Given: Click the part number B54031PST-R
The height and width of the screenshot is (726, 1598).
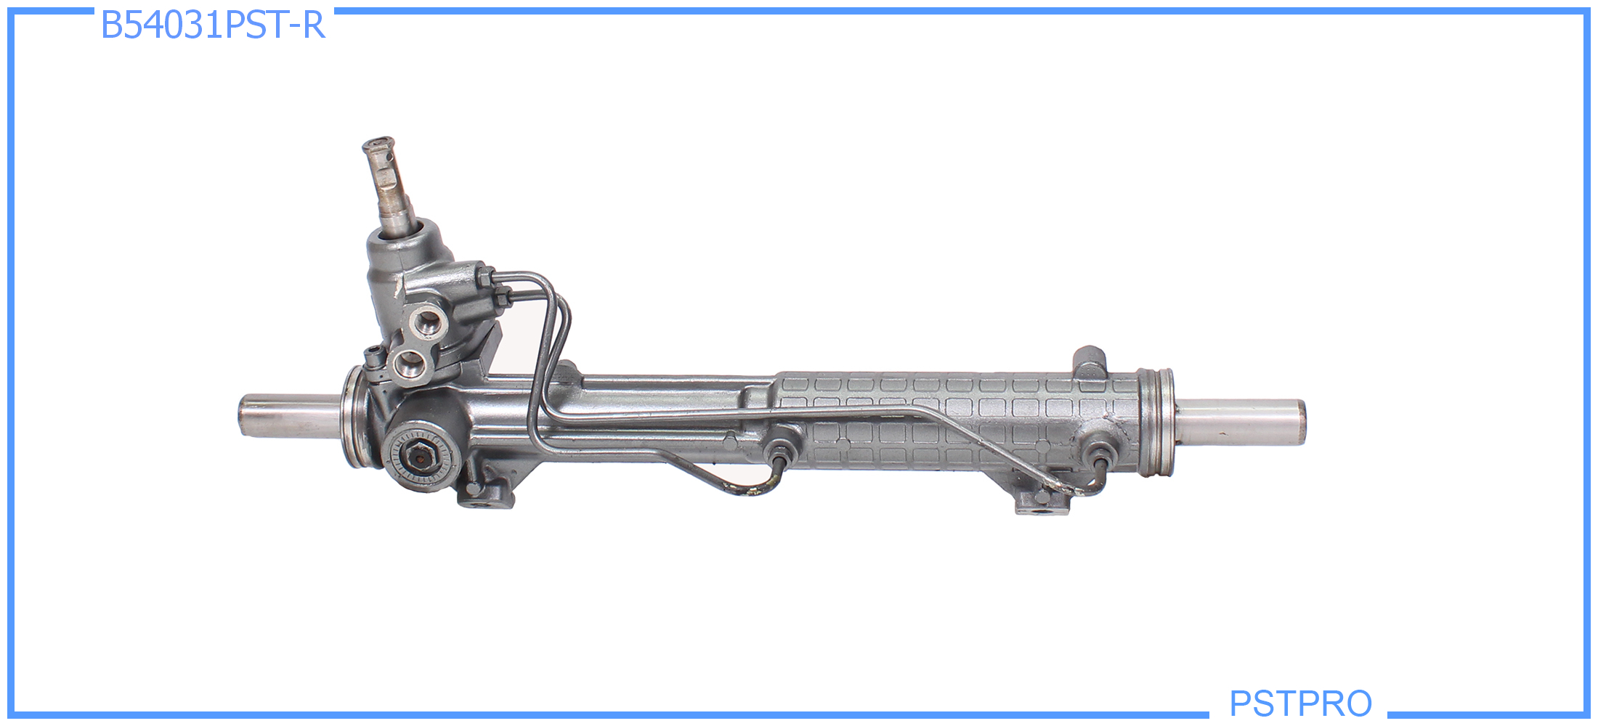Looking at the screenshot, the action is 213,25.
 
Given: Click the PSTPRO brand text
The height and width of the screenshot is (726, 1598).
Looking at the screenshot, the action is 1300,703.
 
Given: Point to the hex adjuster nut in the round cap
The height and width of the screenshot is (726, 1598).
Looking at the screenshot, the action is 420,456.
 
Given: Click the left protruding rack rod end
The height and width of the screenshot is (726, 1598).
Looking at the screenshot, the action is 291,415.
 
